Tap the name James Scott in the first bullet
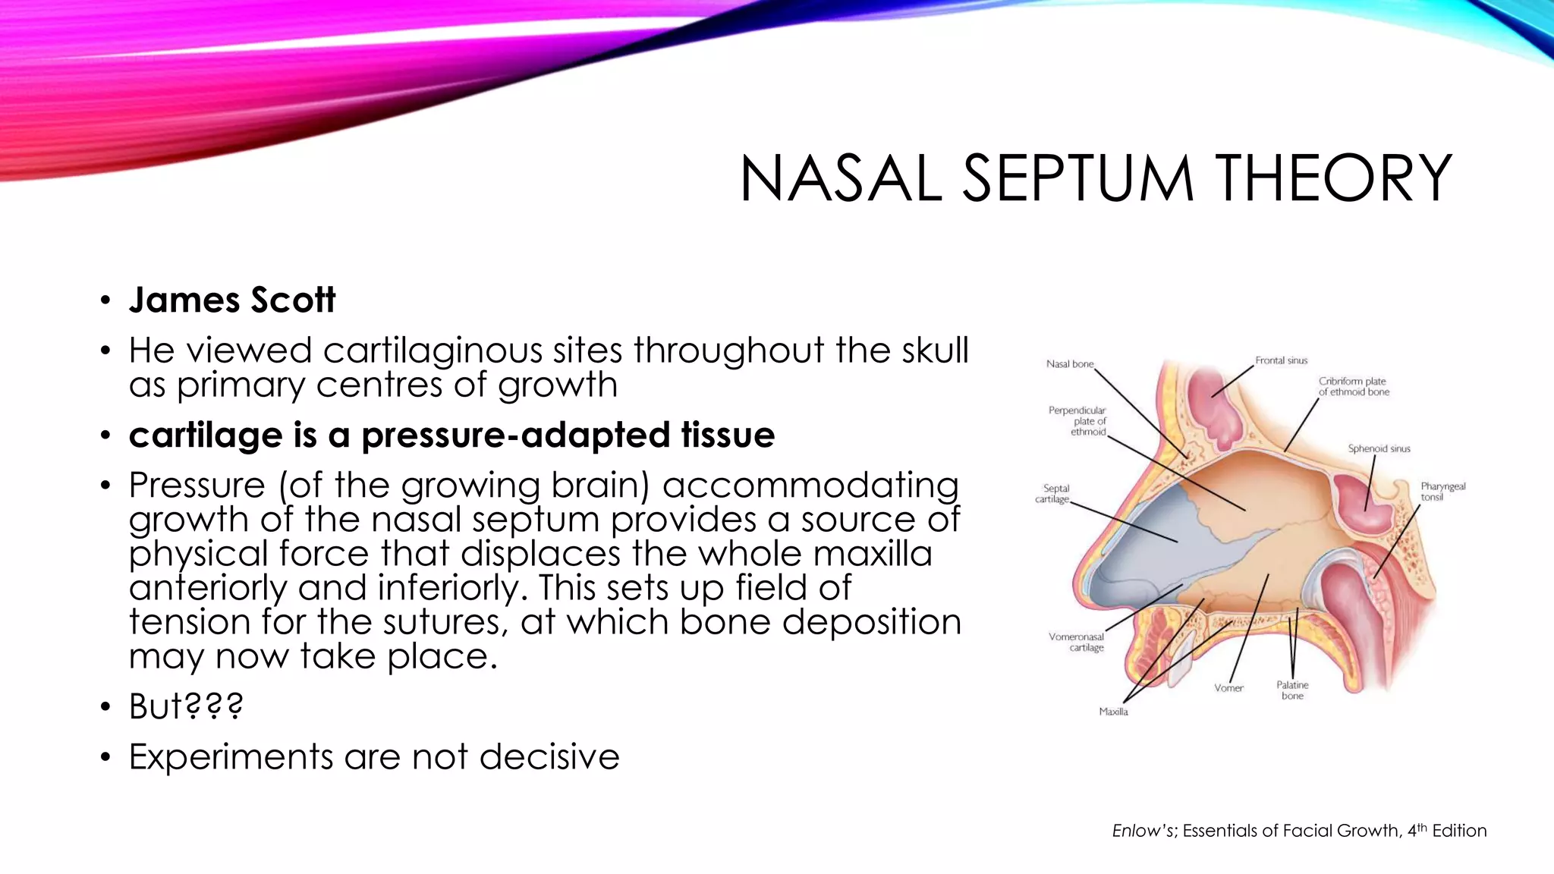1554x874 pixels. (x=231, y=300)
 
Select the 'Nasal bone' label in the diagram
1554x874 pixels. (x=1070, y=364)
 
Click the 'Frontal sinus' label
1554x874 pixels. (x=1281, y=360)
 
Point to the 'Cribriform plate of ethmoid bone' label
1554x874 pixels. (x=1353, y=386)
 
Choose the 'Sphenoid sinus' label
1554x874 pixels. (x=1379, y=448)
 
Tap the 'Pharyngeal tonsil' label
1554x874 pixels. (x=1442, y=491)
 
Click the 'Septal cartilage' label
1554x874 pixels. (x=1053, y=494)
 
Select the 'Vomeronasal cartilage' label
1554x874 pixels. (x=1077, y=642)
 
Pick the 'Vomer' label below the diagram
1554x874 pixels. (x=1228, y=688)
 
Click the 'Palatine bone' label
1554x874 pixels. (x=1292, y=690)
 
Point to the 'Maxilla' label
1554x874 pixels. (x=1113, y=712)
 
